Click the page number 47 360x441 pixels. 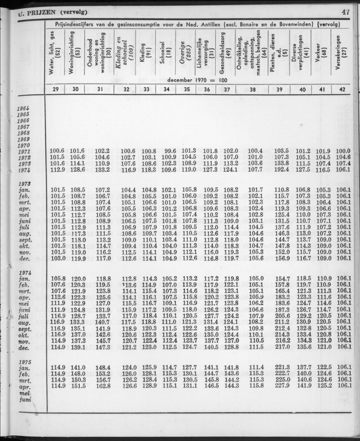point(346,12)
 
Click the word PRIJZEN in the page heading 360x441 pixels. point(40,12)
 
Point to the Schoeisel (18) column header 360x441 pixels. point(164,53)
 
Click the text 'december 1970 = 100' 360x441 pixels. point(198,80)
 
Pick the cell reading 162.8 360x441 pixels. point(103,386)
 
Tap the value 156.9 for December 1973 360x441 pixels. point(282,258)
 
